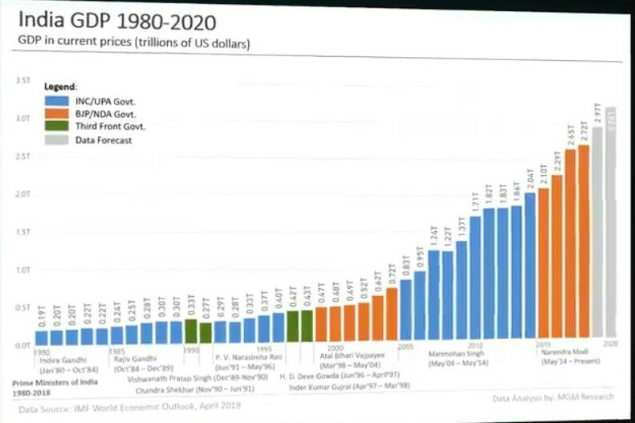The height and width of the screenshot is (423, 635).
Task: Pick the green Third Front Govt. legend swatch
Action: pos(57,126)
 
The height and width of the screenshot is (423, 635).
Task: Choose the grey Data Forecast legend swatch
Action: pos(57,140)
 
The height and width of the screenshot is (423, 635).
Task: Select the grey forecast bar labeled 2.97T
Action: pos(597,235)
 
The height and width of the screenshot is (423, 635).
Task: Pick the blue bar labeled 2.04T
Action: pos(530,268)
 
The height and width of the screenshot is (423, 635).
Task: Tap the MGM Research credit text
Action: pos(554,397)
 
